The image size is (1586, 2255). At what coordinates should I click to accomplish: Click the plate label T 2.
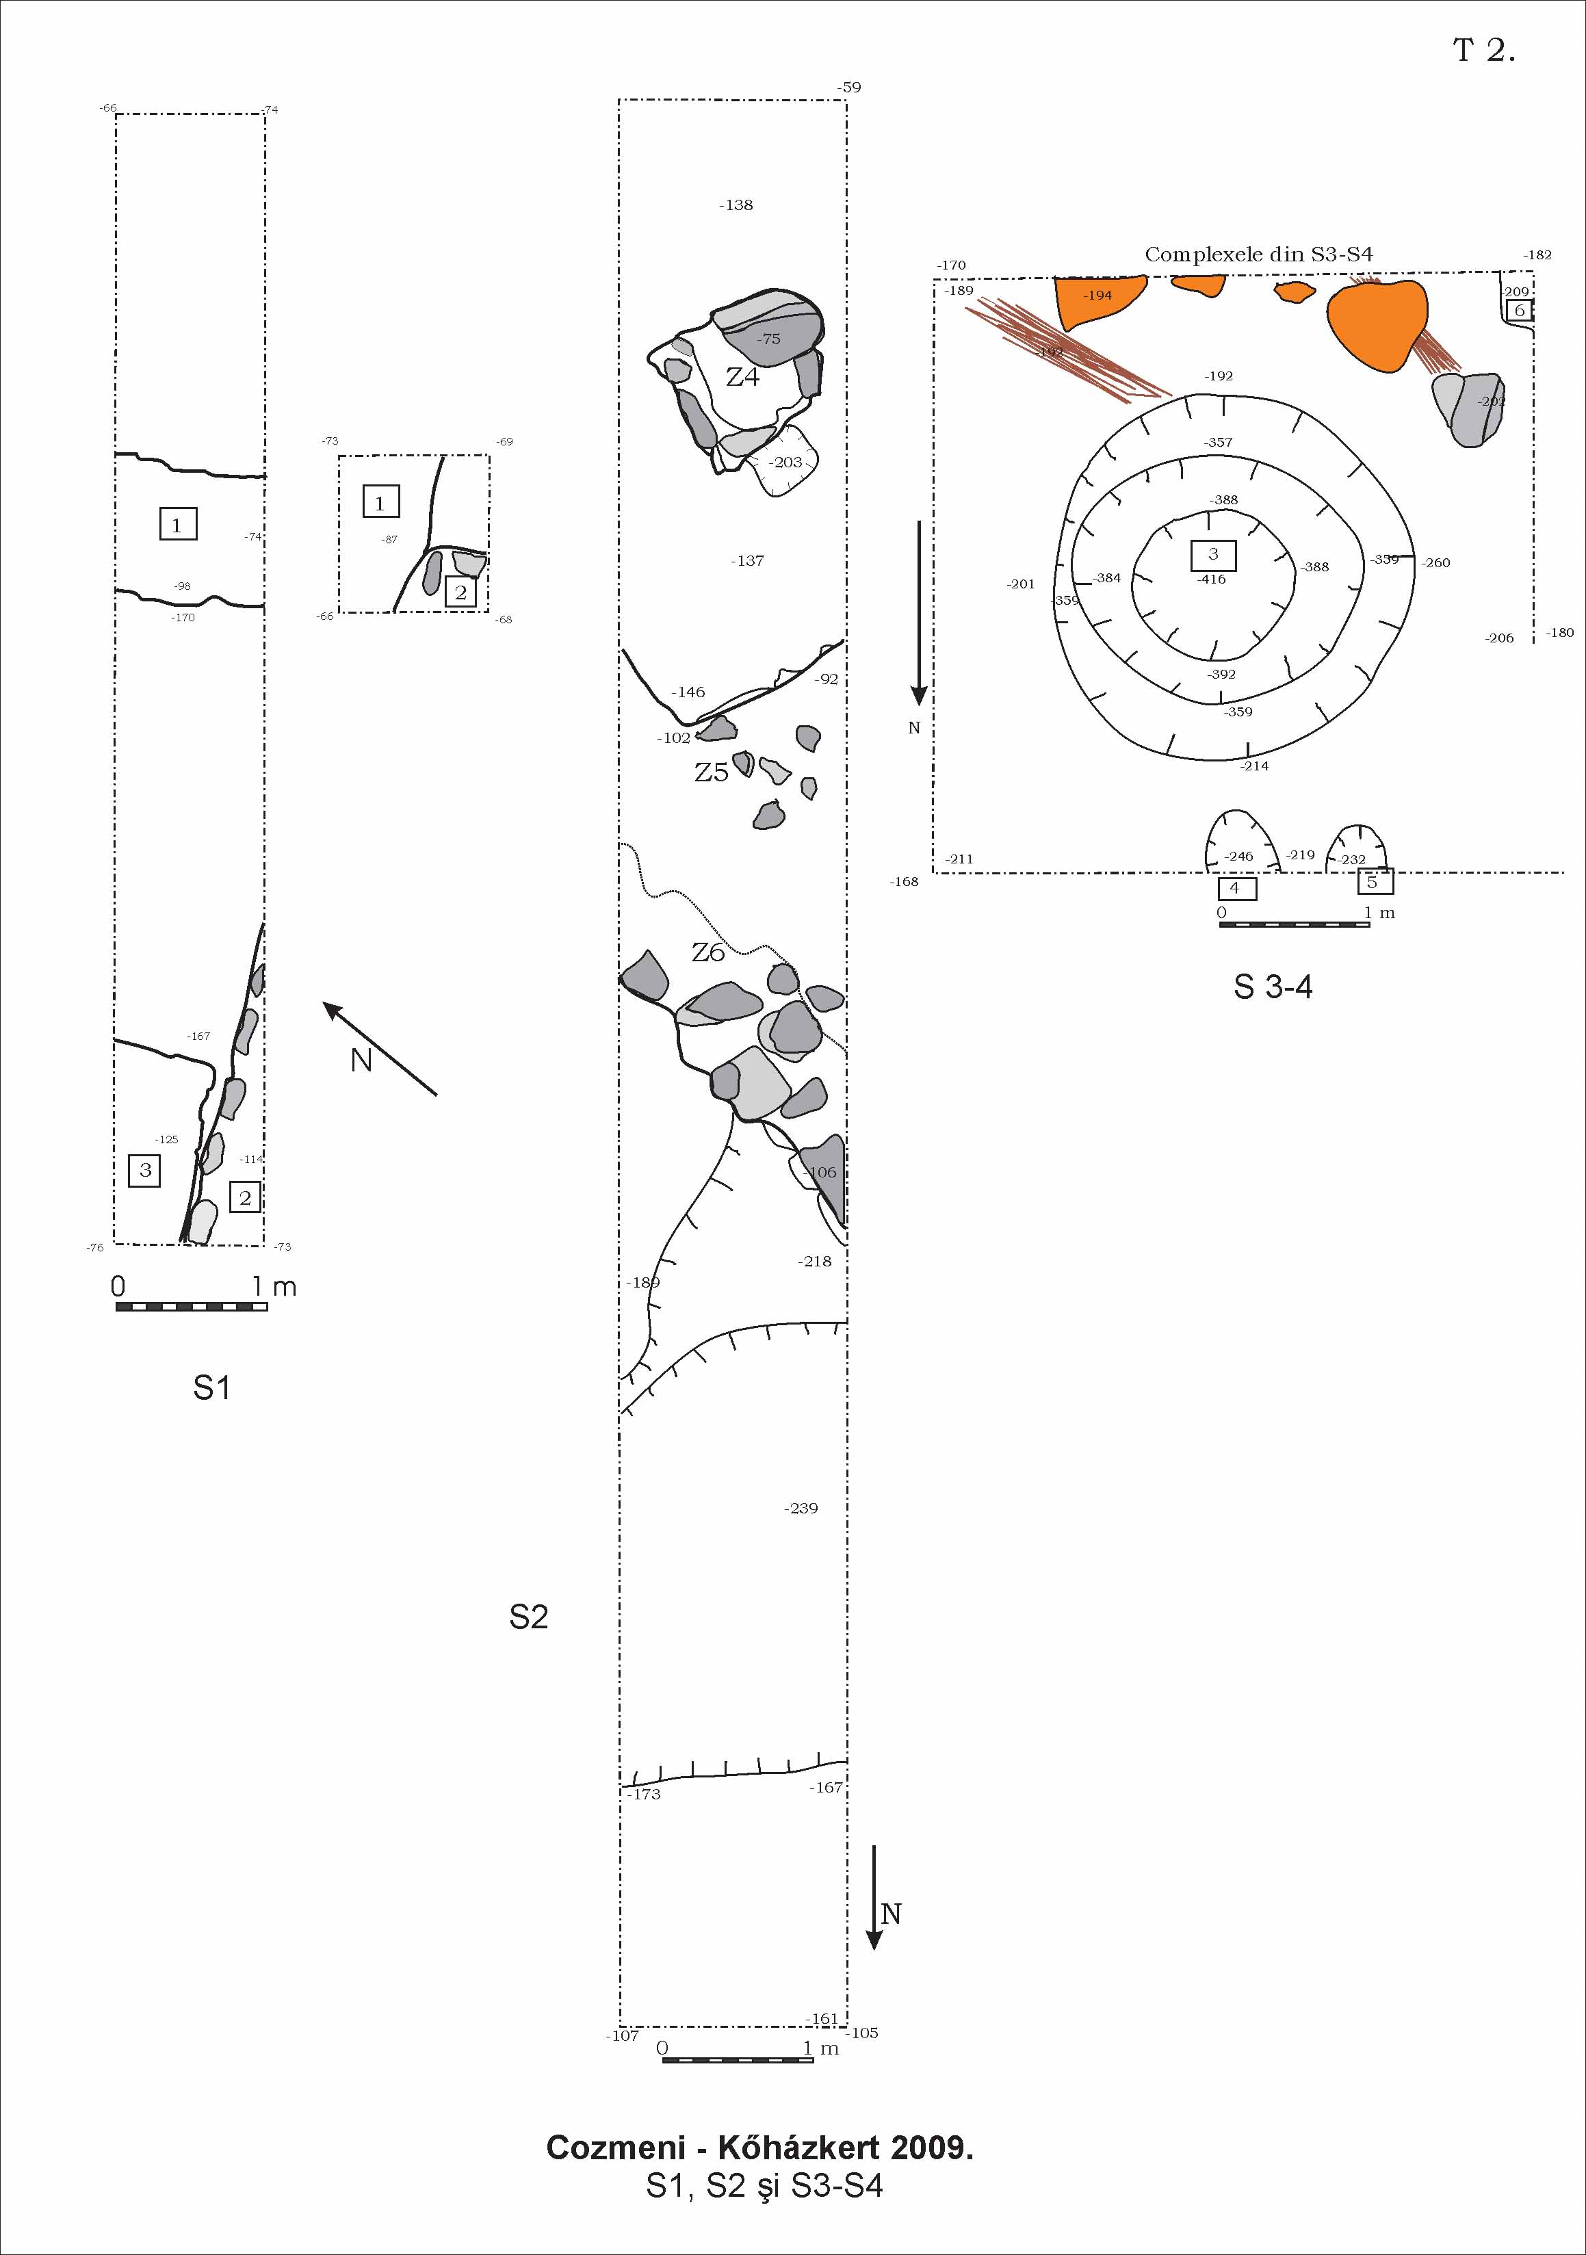click(x=1483, y=51)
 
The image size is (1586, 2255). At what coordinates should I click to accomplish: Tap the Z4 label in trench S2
click(x=742, y=376)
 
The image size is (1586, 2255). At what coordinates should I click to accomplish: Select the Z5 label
click(x=711, y=773)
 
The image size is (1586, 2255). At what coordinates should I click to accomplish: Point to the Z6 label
click(x=708, y=952)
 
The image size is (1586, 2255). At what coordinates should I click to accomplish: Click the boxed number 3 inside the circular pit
click(x=1213, y=555)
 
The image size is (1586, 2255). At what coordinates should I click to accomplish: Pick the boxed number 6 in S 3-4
click(x=1519, y=311)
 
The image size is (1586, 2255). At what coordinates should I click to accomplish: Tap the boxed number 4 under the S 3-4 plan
click(x=1236, y=888)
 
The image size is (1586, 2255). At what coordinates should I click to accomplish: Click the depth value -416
click(x=1212, y=579)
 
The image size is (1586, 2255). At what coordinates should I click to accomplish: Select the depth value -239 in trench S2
click(x=801, y=1509)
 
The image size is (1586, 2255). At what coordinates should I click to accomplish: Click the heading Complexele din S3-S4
click(x=1258, y=255)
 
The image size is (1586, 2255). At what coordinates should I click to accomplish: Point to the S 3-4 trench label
click(x=1273, y=987)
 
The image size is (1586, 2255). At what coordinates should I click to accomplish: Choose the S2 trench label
click(x=528, y=1617)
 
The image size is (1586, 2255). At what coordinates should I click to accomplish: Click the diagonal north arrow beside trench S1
click(x=380, y=1048)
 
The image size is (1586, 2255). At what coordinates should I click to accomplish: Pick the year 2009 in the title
click(x=931, y=2176)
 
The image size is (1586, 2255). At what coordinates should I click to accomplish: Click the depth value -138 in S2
click(x=736, y=205)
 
